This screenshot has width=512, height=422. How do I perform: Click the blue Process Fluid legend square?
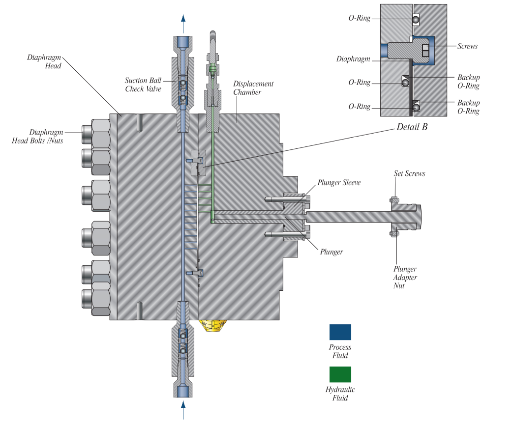[x=340, y=332]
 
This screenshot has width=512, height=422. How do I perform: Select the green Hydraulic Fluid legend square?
[x=340, y=374]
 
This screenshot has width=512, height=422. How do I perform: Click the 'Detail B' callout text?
[x=412, y=127]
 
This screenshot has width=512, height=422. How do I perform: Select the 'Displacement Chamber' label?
[x=253, y=88]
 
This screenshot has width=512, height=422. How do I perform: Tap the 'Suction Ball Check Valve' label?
[x=141, y=84]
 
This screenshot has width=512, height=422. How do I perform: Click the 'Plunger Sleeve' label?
[x=339, y=183]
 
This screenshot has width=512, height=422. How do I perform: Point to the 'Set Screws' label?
[x=409, y=173]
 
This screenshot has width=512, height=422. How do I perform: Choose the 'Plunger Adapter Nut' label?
[x=405, y=277]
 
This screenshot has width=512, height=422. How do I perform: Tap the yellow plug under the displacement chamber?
[x=212, y=325]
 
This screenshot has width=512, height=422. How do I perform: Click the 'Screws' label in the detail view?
[x=467, y=46]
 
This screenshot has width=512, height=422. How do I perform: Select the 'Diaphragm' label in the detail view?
[x=353, y=59]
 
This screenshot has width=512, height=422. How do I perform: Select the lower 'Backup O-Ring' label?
[x=468, y=107]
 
